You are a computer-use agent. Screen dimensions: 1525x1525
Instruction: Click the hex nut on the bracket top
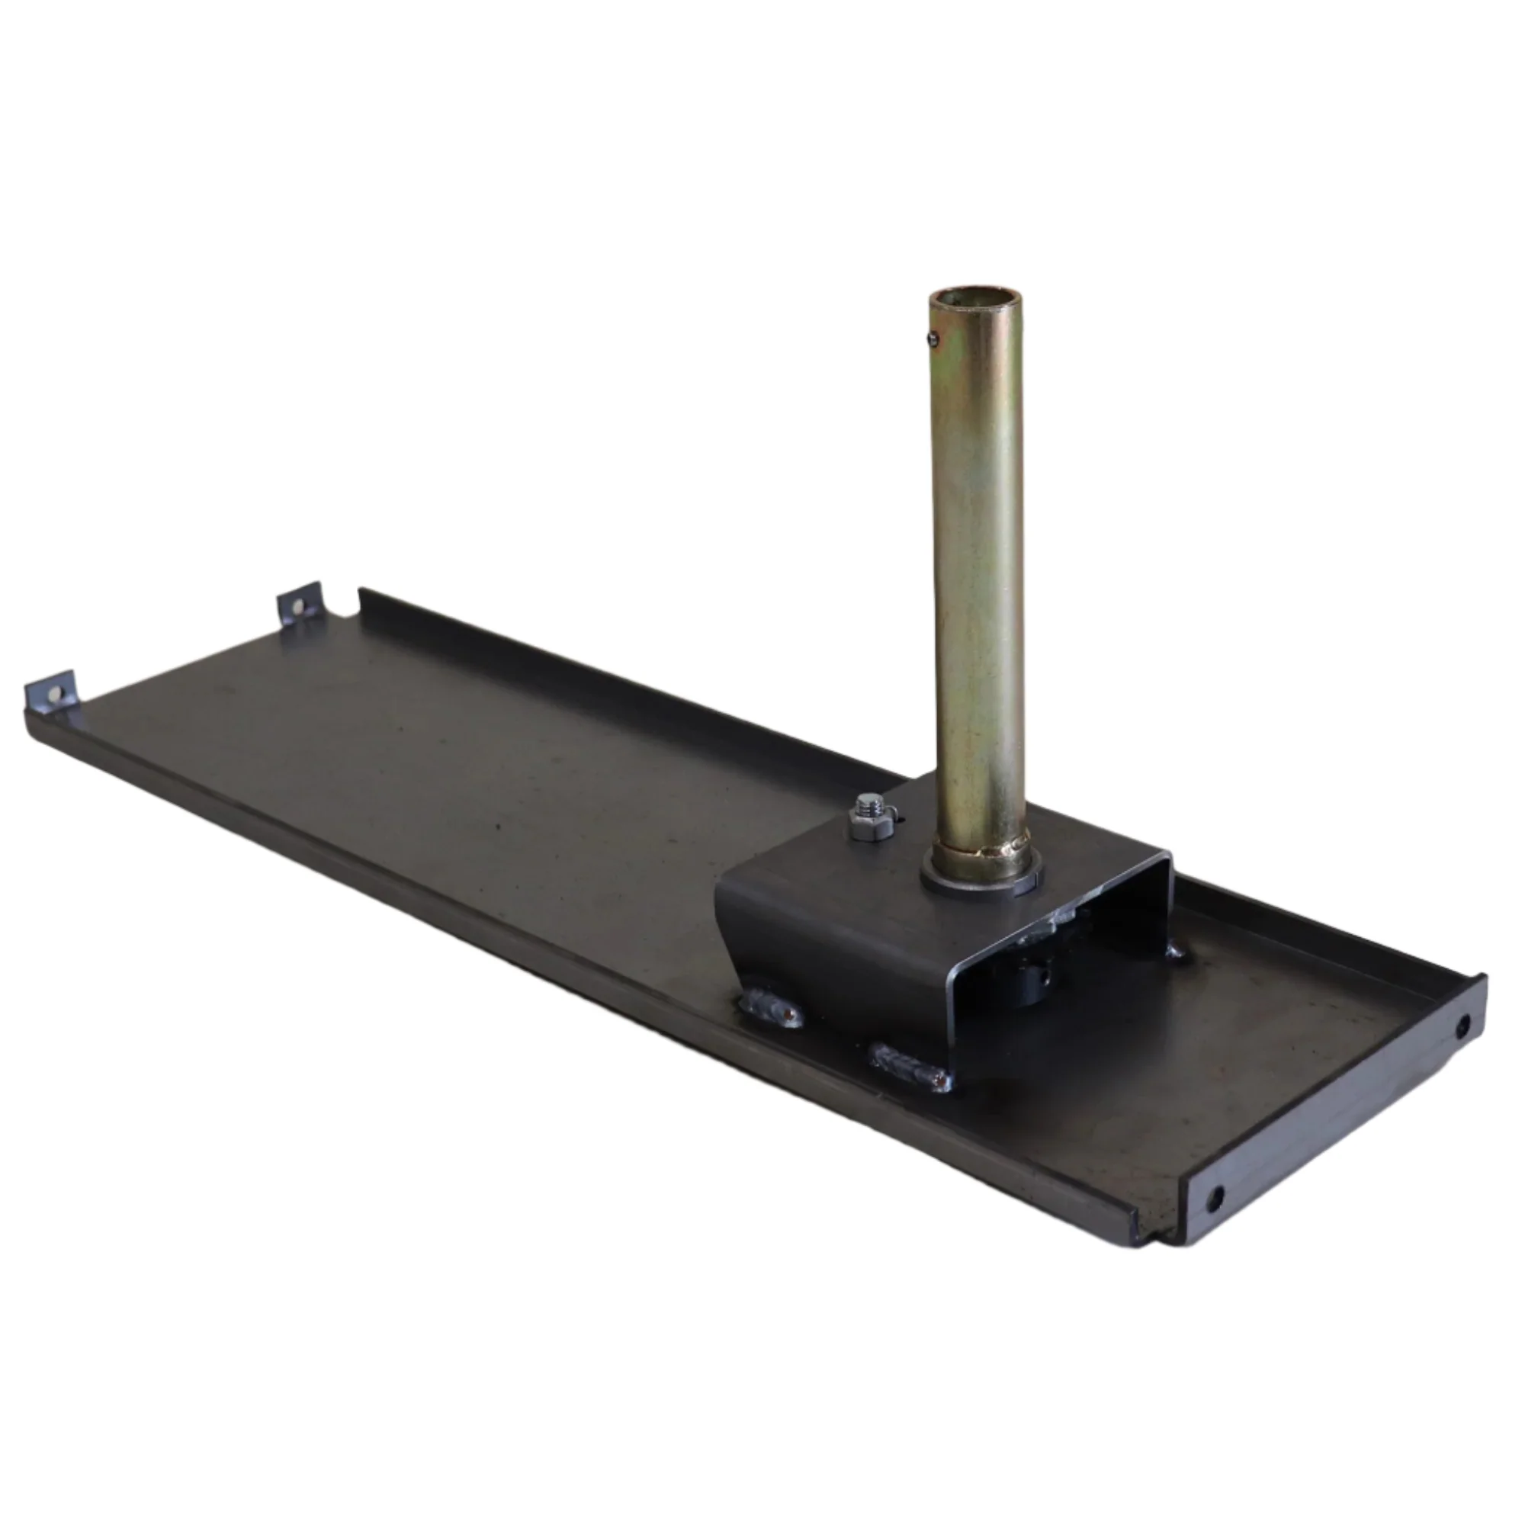pyautogui.click(x=872, y=827)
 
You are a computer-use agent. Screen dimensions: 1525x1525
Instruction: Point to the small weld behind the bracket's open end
pyautogui.click(x=1176, y=950)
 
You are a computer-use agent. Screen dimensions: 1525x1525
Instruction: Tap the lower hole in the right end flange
pyautogui.click(x=1215, y=1199)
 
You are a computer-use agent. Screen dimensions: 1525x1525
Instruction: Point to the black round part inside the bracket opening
pyautogui.click(x=1026, y=983)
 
